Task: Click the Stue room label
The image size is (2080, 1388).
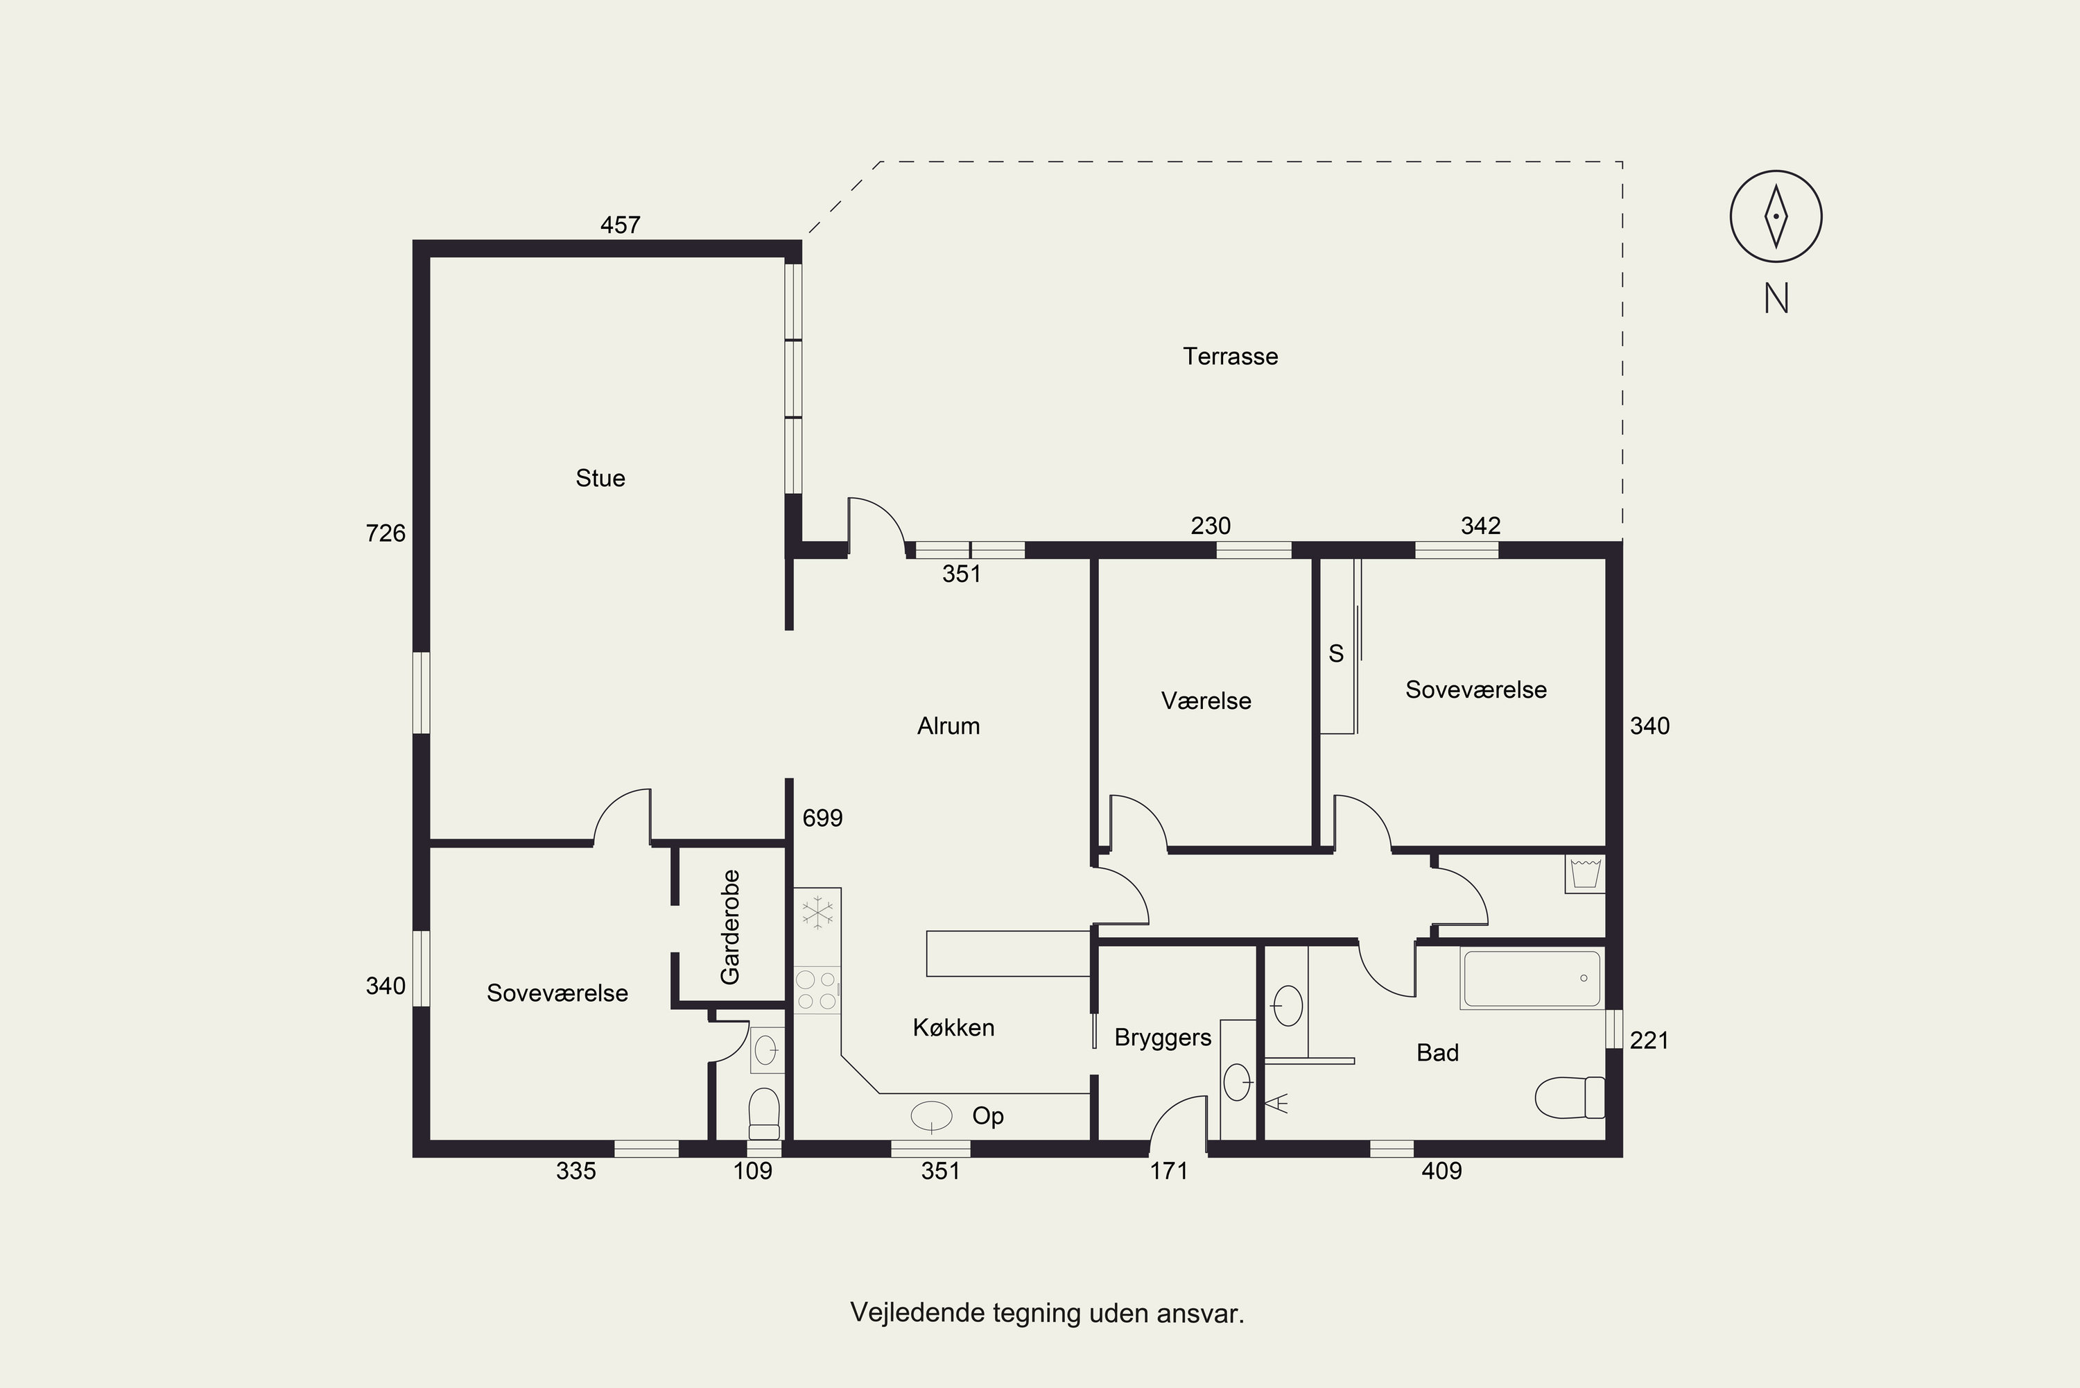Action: (x=600, y=478)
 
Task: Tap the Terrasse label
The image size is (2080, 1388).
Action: (x=1230, y=356)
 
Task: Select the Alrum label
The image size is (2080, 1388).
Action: (x=948, y=726)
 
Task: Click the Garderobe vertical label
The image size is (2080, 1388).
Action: (x=730, y=927)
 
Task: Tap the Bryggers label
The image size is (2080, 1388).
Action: (x=1163, y=1038)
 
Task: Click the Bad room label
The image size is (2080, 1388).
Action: (x=1438, y=1052)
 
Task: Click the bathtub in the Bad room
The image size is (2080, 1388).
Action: (x=1532, y=979)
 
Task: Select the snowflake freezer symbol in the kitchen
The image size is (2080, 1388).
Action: (x=817, y=913)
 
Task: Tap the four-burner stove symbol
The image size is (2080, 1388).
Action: (x=817, y=990)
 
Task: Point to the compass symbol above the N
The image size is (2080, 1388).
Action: (x=1776, y=216)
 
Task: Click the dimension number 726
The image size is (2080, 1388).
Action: (x=385, y=533)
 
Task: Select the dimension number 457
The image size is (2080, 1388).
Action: (x=621, y=225)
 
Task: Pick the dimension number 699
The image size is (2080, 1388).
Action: (x=823, y=818)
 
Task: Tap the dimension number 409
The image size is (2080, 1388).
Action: (x=1442, y=1171)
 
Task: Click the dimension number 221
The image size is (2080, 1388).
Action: (x=1649, y=1040)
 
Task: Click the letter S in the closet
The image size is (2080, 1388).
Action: (x=1336, y=653)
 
